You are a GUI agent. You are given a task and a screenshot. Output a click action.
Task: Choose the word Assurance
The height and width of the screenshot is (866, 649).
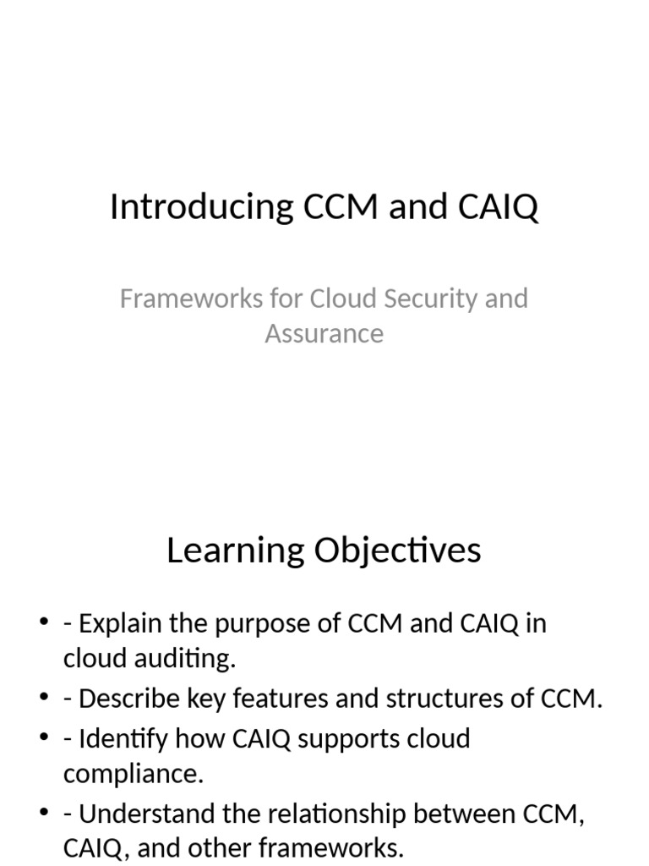tap(324, 333)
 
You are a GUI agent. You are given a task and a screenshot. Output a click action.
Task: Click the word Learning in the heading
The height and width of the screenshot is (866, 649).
tap(236, 551)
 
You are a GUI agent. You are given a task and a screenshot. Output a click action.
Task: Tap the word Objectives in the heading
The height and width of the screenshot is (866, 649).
tap(398, 551)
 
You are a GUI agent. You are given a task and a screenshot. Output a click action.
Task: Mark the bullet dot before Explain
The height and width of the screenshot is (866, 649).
tap(44, 624)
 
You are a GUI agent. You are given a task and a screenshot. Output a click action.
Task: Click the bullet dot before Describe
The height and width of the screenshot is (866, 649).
tap(44, 699)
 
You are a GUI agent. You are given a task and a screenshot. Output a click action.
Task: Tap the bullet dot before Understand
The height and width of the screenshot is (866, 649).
tap(44, 814)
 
